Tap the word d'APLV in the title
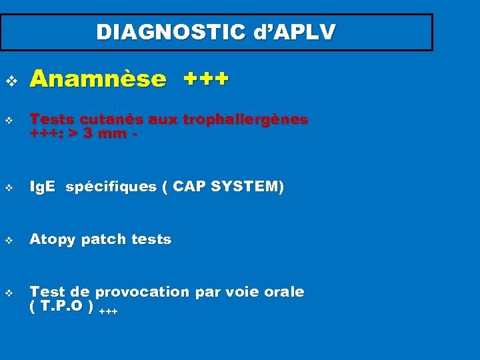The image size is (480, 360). [296, 32]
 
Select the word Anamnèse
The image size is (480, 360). [98, 79]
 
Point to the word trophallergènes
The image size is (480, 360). [245, 119]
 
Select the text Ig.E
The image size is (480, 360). [43, 187]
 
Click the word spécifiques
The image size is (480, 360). [111, 187]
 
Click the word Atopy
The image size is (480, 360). [51, 239]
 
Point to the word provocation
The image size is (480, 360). [142, 292]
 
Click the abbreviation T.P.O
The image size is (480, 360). [61, 306]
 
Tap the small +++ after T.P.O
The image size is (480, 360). [108, 311]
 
